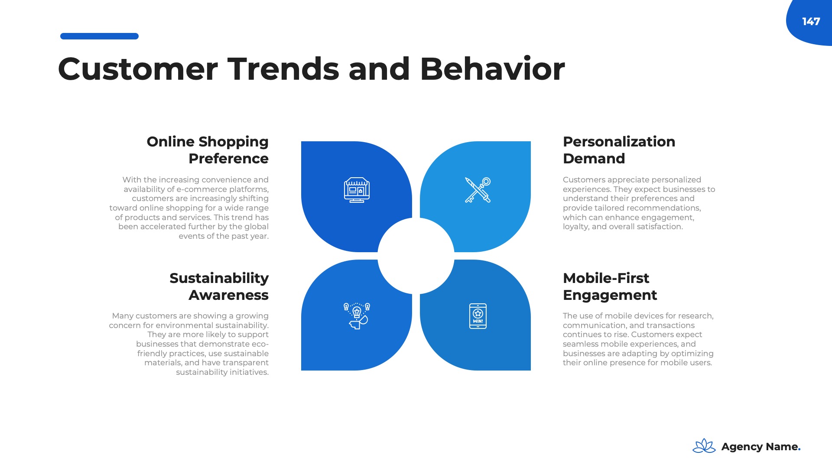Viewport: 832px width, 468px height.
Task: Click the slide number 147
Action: tap(811, 22)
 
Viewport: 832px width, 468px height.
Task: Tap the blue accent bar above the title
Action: tap(99, 36)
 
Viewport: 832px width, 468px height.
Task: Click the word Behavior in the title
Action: tap(492, 69)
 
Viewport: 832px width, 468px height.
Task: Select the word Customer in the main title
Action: tap(138, 69)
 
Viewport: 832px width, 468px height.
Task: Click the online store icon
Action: tap(357, 190)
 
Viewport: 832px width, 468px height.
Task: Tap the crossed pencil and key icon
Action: tap(478, 190)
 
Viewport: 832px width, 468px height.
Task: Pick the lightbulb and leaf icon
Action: tap(357, 316)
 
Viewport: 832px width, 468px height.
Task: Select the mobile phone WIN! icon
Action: tap(478, 316)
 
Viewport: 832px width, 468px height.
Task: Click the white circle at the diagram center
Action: tap(416, 256)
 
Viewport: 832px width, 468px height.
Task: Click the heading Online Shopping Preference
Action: tap(208, 150)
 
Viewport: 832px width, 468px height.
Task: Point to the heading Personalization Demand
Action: tap(619, 150)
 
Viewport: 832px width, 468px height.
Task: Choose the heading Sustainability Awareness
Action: tap(219, 286)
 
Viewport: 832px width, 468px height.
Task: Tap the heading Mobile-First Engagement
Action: tap(610, 286)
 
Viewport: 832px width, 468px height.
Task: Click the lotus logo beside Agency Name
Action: tap(704, 446)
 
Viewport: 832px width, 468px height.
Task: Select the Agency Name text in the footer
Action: tap(761, 446)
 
